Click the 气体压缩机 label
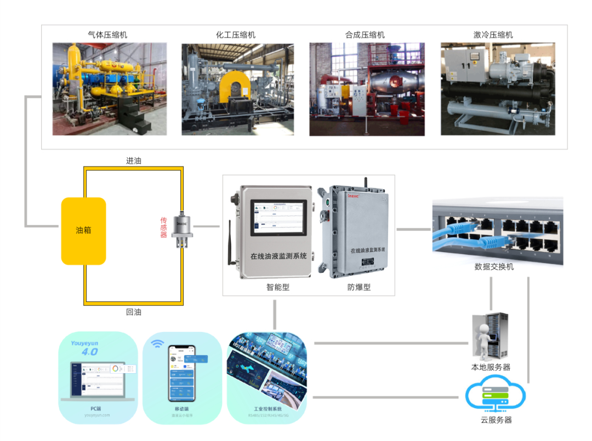point(108,35)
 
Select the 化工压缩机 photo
point(237,89)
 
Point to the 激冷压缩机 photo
point(498,89)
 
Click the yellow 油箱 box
point(83,231)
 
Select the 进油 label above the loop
point(134,161)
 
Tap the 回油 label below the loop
point(134,312)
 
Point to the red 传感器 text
point(163,227)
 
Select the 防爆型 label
point(359,287)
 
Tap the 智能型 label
point(278,287)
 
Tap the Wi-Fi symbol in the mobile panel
point(158,344)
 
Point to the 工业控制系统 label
point(267,409)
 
